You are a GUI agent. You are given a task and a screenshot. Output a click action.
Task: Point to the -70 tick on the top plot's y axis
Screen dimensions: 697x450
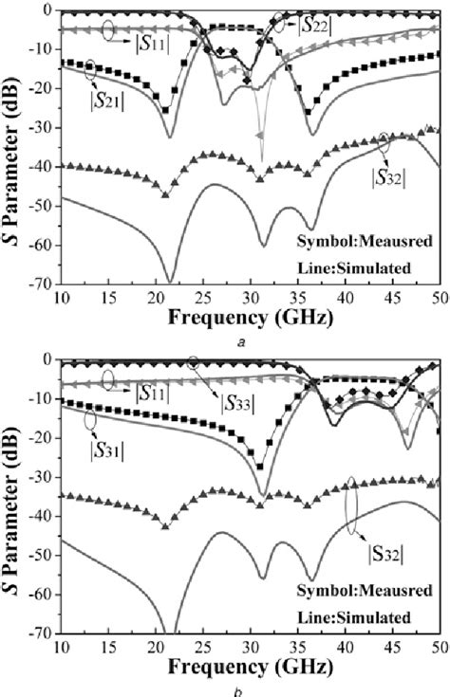click(40, 283)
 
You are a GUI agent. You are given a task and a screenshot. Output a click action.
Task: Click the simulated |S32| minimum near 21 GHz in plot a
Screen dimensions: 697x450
click(170, 281)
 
